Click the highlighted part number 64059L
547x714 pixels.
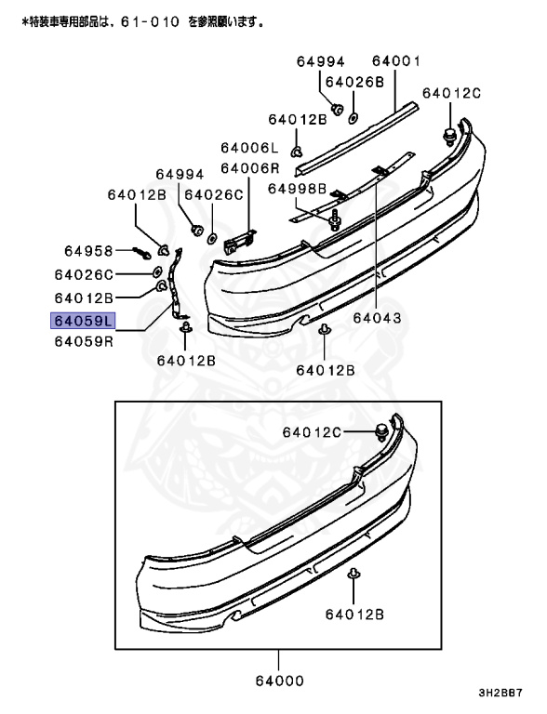[83, 321]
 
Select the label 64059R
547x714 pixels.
[84, 341]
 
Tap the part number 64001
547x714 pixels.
[396, 60]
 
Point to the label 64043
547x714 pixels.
[377, 317]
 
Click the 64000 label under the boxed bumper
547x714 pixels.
[279, 681]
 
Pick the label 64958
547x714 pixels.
[88, 251]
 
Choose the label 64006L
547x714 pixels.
[249, 148]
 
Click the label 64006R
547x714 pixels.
[250, 168]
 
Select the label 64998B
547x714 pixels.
[297, 189]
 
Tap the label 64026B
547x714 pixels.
[354, 82]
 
